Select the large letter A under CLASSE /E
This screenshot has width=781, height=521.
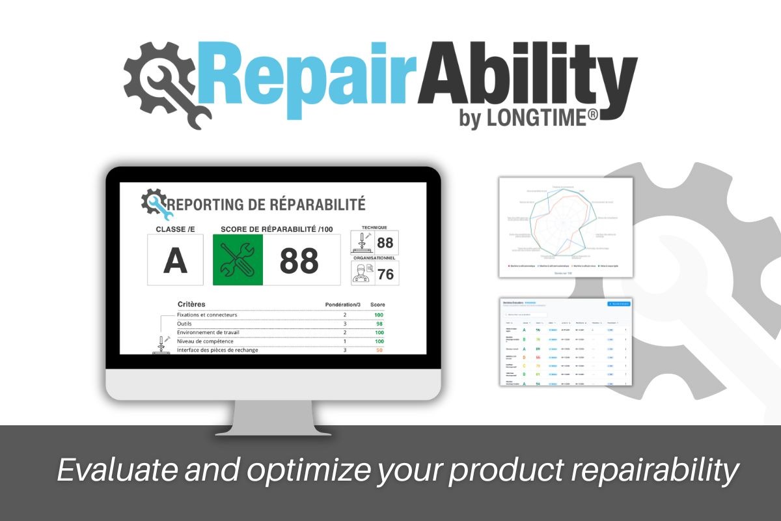click(175, 260)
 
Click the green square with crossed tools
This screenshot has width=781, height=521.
click(238, 260)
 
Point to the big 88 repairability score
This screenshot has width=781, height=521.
click(299, 260)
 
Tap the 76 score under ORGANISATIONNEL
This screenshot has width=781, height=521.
click(385, 274)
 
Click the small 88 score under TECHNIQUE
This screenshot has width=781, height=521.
click(385, 243)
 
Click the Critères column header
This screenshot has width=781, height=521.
click(191, 304)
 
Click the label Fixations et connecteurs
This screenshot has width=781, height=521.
click(207, 315)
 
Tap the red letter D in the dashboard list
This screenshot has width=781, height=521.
click(525, 357)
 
